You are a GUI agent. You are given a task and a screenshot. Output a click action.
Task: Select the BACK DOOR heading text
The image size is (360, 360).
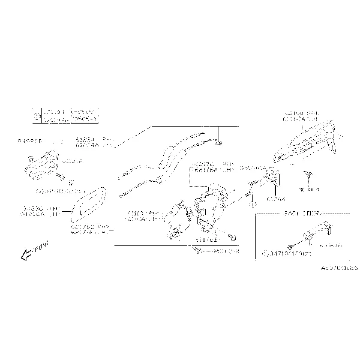click(x=301, y=214)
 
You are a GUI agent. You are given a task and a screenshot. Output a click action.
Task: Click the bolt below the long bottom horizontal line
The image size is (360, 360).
click(x=198, y=251)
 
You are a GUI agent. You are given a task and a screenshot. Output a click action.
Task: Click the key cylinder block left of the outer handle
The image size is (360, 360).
click(x=270, y=178)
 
